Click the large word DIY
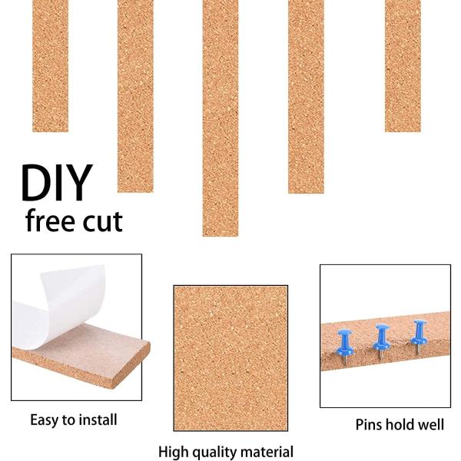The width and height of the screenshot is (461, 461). (x=56, y=182)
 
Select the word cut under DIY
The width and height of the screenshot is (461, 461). (x=102, y=221)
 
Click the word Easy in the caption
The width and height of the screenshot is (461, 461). (x=44, y=420)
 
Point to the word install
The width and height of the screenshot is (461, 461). (x=98, y=420)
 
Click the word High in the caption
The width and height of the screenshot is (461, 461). (x=171, y=452)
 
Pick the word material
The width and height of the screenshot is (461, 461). (x=262, y=452)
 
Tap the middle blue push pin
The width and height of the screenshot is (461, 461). (x=381, y=341)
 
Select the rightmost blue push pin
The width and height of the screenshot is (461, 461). (x=419, y=337)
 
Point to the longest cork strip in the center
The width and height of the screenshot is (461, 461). (x=221, y=118)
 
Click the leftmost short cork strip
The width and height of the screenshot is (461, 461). (x=50, y=66)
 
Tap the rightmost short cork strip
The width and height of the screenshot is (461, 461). (x=403, y=66)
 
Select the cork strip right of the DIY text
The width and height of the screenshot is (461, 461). (x=135, y=96)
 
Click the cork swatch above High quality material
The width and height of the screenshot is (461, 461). (x=230, y=358)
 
